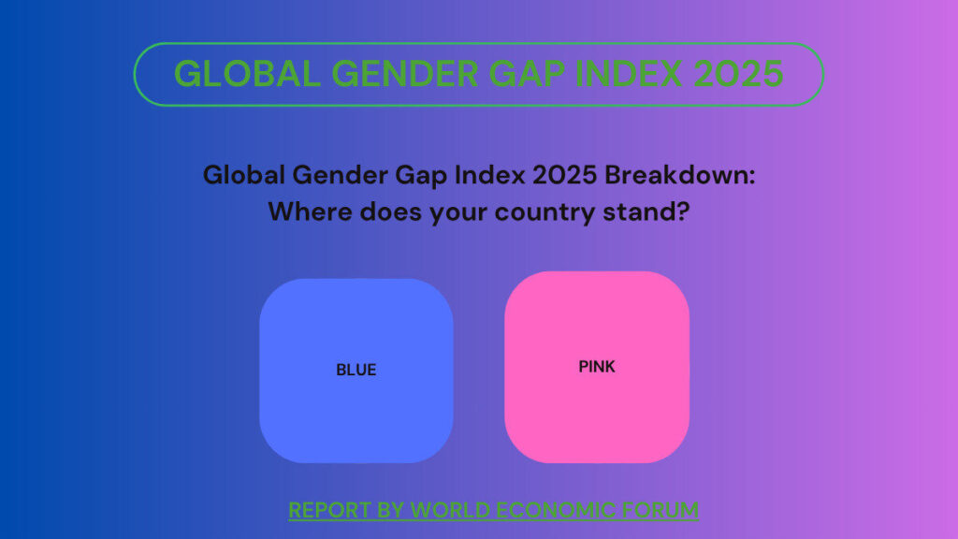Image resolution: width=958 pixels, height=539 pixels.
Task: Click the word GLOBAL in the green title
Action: click(x=247, y=74)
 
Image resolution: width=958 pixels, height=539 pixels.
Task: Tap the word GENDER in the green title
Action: click(x=405, y=74)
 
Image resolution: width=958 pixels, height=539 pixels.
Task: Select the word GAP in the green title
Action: click(x=527, y=74)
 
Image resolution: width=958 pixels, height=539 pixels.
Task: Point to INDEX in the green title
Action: click(x=629, y=74)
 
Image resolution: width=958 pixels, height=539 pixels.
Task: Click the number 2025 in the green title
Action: click(x=738, y=74)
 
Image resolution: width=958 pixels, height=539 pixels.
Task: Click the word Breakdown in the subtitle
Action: click(x=680, y=175)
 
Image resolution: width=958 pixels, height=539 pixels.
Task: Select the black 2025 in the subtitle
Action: click(x=564, y=175)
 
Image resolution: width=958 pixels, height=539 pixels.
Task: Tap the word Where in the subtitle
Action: click(x=310, y=212)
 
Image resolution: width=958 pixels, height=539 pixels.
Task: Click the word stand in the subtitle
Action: click(x=640, y=212)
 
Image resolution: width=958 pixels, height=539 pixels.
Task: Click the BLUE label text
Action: click(x=356, y=370)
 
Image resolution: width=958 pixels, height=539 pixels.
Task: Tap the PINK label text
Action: click(x=597, y=367)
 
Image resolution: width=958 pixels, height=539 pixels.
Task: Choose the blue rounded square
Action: click(x=356, y=371)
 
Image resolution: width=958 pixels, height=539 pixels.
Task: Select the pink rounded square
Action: click(x=597, y=367)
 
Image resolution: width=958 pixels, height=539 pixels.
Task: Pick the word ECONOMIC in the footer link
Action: click(x=555, y=510)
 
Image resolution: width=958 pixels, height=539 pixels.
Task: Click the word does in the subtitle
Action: click(x=390, y=212)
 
